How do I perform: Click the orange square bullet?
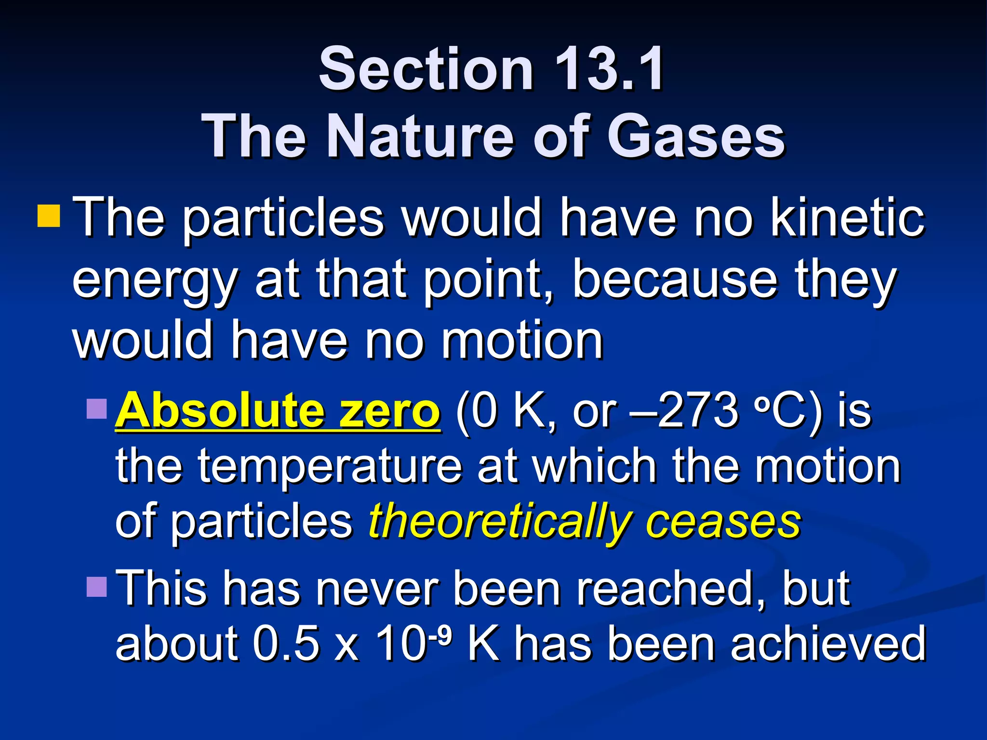pos(49,215)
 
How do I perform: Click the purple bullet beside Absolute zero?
pos(96,408)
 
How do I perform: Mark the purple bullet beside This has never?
pos(96,586)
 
